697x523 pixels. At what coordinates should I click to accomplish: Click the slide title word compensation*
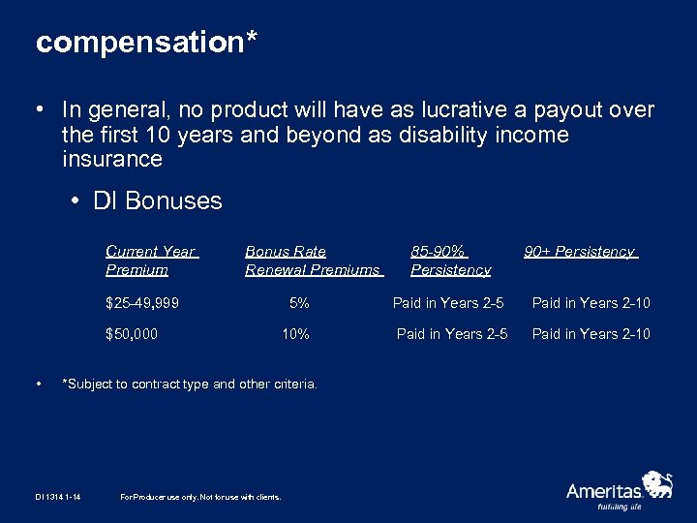point(146,43)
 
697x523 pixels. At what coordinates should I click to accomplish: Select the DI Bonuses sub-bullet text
point(158,200)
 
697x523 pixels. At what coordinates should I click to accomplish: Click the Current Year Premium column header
point(151,261)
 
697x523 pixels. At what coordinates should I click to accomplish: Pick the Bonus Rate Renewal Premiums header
point(313,261)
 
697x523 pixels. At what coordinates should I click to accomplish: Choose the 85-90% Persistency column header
point(450,261)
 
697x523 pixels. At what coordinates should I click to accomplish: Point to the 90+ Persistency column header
point(580,252)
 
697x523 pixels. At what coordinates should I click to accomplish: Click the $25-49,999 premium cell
point(141,303)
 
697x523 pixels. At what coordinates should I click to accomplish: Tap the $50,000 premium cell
point(132,334)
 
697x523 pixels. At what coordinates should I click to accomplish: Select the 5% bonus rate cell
point(299,303)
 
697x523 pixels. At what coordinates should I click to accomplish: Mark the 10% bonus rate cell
point(295,334)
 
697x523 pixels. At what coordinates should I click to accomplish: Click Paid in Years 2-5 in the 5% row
point(448,303)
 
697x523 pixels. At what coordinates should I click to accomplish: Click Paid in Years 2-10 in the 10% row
point(591,334)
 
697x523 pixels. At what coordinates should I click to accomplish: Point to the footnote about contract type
point(189,384)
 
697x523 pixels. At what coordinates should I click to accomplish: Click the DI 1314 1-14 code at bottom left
point(59,497)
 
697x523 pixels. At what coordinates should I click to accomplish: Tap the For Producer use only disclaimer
point(200,497)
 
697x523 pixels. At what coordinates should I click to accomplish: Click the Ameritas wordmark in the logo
point(604,491)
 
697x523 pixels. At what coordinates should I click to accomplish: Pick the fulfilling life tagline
point(620,507)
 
